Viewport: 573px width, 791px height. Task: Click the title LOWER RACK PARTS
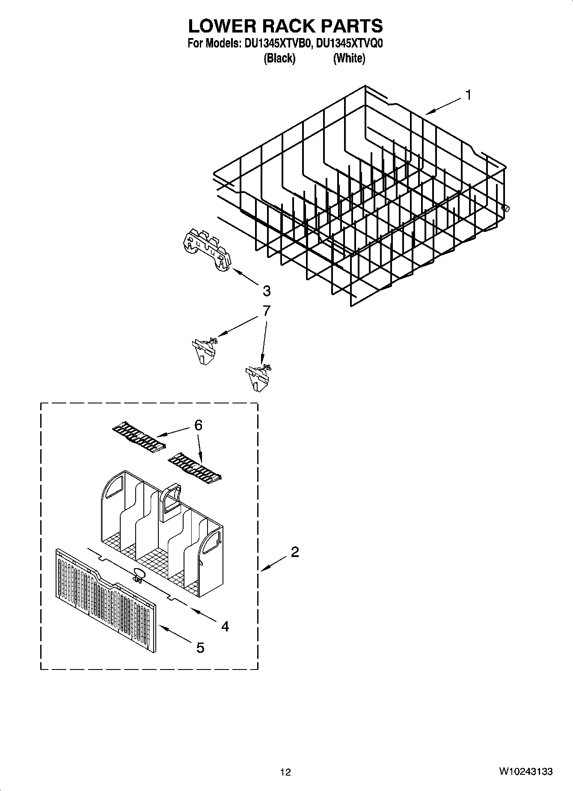285,26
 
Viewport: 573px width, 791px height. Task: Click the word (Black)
279,58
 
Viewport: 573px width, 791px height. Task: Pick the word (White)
349,58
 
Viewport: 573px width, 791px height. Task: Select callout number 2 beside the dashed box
294,552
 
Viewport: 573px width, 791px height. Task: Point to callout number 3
266,291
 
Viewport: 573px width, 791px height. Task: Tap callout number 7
266,311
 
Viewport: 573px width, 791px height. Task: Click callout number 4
225,626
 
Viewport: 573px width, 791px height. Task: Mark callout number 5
200,648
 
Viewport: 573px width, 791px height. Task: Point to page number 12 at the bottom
285,772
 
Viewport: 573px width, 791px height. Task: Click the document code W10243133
525,772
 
